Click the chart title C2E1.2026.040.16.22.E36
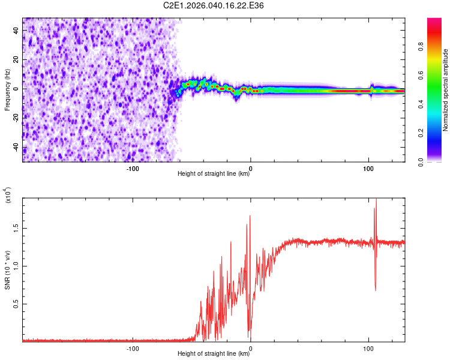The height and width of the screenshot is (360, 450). click(214, 5)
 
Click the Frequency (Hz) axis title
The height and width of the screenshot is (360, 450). click(7, 90)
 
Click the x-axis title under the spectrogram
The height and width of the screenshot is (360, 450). click(214, 174)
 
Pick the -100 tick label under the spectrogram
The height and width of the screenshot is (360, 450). click(133, 168)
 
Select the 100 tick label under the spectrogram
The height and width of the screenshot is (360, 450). click(368, 168)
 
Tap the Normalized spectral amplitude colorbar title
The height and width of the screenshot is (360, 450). click(445, 90)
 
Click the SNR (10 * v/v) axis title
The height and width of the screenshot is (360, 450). click(7, 271)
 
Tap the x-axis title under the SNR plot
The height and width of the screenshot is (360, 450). click(214, 354)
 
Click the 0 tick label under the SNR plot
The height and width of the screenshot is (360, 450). click(250, 348)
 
